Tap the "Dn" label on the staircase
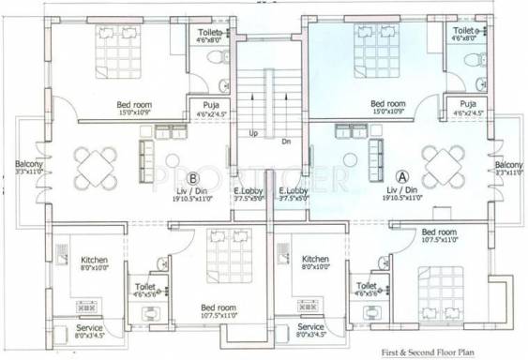pos(286,142)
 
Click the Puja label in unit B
pos(204,105)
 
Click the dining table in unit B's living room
pos(97,167)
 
